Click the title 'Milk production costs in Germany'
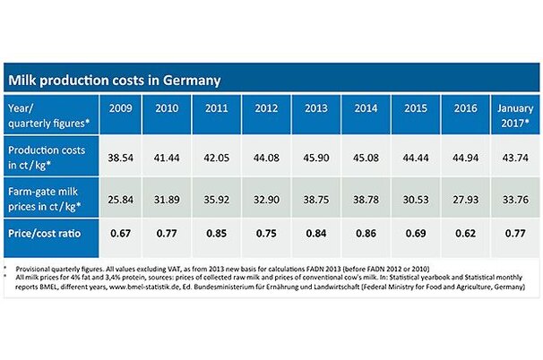(114, 80)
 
